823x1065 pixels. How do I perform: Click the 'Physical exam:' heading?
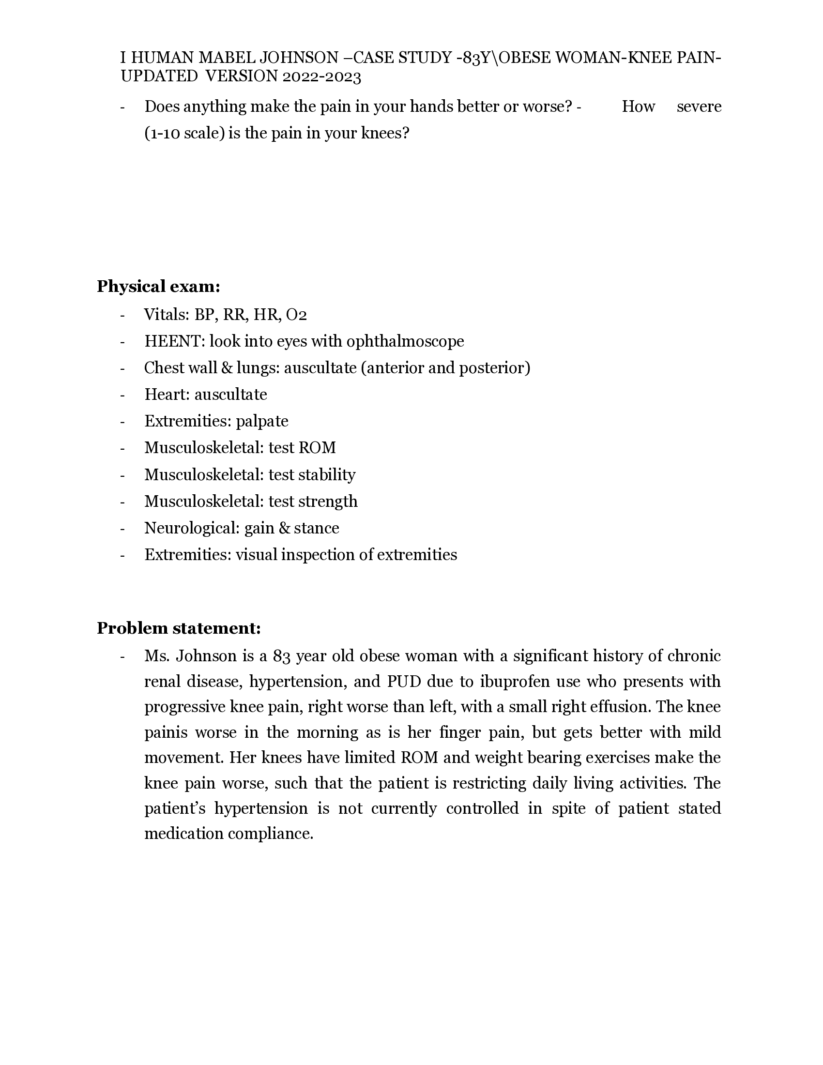(x=158, y=287)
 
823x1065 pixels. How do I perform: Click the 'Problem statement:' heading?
(x=179, y=628)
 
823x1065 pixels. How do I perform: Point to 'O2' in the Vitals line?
(x=296, y=315)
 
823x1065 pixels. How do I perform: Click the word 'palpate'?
(x=262, y=421)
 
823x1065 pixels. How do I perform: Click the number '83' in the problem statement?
(x=282, y=656)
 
